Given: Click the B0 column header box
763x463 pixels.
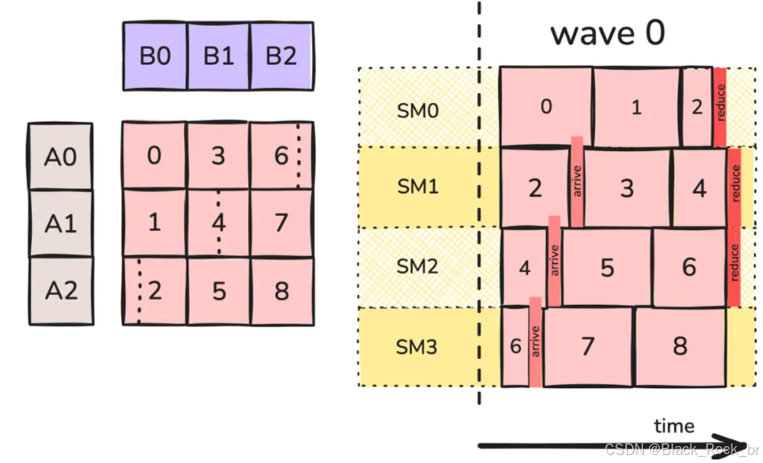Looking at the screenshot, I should point(155,55).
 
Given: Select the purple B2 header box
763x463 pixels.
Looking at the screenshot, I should point(281,55).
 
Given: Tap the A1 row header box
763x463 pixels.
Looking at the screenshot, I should point(60,223).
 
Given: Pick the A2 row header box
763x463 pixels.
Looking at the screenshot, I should point(60,290).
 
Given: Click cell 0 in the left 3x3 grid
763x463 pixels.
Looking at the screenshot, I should point(154,156).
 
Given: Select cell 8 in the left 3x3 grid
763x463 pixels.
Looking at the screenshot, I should point(281,290).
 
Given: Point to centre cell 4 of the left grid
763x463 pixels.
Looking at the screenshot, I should point(218,222).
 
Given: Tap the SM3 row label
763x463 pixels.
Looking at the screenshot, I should point(417,347).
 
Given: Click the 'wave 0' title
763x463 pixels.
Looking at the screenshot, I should point(606,33).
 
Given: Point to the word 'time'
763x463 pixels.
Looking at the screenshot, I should point(674,426).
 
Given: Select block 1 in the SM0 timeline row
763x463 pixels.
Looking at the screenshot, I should point(636,107).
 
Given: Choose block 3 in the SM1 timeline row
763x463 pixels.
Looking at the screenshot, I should point(627,188).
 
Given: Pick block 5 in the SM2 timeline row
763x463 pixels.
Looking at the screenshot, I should point(606,267).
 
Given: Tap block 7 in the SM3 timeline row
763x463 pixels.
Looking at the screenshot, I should point(587,347).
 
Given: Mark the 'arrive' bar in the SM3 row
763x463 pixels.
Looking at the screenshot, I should point(535,342).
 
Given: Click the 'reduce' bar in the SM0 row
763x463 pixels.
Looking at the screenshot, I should point(719,106).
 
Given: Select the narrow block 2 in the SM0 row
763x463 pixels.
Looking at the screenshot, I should point(695,107).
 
